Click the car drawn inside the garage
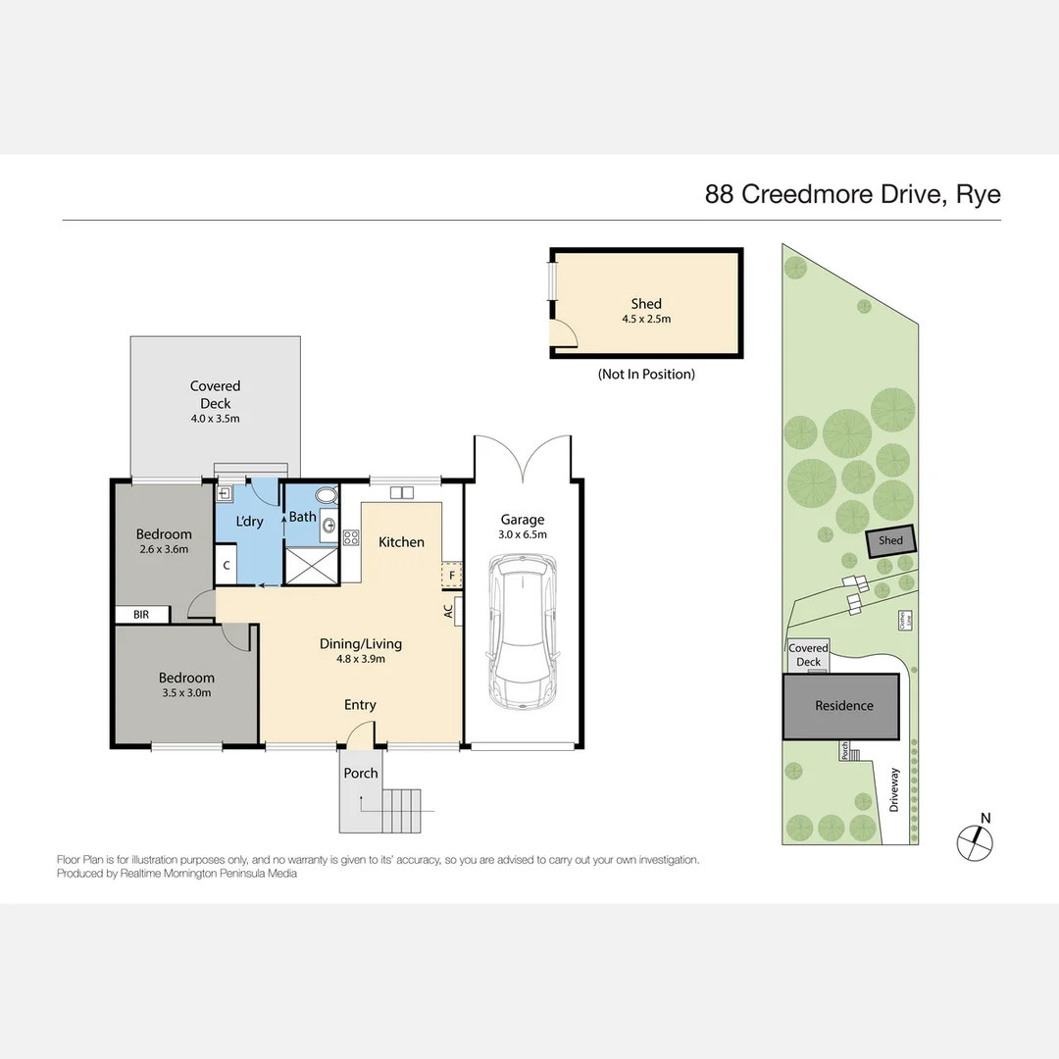point(522,632)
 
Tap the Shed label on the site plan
point(890,541)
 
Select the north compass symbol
point(975,839)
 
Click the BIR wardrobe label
point(142,615)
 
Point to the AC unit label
point(448,610)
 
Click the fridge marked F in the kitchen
point(452,576)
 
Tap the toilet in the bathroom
point(327,495)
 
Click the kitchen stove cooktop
point(350,537)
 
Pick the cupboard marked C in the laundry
point(226,565)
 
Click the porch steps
point(402,810)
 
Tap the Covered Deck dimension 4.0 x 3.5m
point(215,419)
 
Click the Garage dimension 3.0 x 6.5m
point(523,534)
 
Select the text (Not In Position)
point(646,374)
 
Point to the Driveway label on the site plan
point(894,789)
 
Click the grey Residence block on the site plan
point(841,706)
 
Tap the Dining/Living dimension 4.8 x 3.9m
point(360,659)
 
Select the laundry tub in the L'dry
point(224,494)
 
